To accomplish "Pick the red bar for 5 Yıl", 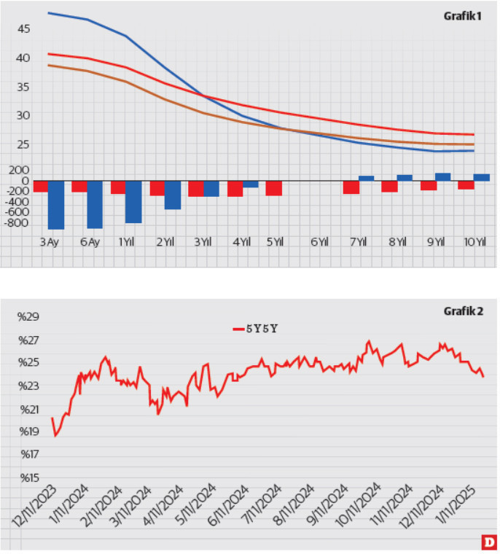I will pyautogui.click(x=274, y=188).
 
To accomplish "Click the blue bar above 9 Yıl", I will pyautogui.click(x=442, y=176).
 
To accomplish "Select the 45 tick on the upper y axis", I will pyautogui.click(x=23, y=28).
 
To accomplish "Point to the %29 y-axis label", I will pyautogui.click(x=27, y=317).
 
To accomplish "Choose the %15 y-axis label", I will pyautogui.click(x=27, y=478).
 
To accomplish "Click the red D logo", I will pyautogui.click(x=489, y=542).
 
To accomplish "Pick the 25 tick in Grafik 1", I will pyautogui.click(x=23, y=144).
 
